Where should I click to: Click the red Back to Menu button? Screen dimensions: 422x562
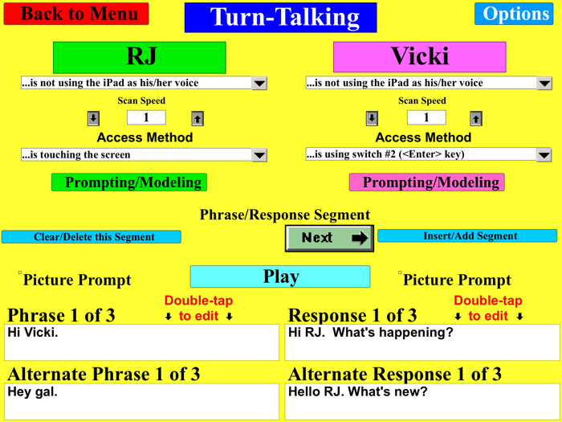pyautogui.click(x=79, y=14)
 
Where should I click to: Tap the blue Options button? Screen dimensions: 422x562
pyautogui.click(x=514, y=14)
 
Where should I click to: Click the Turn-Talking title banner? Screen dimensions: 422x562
pyautogui.click(x=280, y=18)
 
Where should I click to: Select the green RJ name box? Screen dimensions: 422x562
pyautogui.click(x=140, y=57)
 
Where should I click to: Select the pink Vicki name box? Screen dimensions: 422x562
pyautogui.click(x=420, y=57)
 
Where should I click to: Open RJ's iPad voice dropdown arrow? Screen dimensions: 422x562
pyautogui.click(x=259, y=83)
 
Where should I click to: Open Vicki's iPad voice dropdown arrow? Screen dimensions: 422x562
pyautogui.click(x=544, y=83)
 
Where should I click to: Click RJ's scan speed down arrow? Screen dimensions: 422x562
pyautogui.click(x=93, y=118)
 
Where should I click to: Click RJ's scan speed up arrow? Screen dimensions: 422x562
pyautogui.click(x=198, y=118)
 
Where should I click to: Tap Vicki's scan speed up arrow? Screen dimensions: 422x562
pyautogui.click(x=475, y=118)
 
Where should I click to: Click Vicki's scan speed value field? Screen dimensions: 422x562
pyautogui.click(x=426, y=117)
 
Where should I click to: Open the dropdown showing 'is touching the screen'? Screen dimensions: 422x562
pyautogui.click(x=259, y=154)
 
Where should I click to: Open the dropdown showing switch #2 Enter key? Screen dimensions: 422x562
pyautogui.click(x=544, y=154)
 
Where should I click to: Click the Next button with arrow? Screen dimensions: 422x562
pyautogui.click(x=330, y=238)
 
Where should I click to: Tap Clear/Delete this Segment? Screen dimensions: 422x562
pyautogui.click(x=92, y=237)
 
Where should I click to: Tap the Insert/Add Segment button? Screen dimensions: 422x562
pyautogui.click(x=467, y=236)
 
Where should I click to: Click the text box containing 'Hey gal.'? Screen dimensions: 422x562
pyautogui.click(x=142, y=402)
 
